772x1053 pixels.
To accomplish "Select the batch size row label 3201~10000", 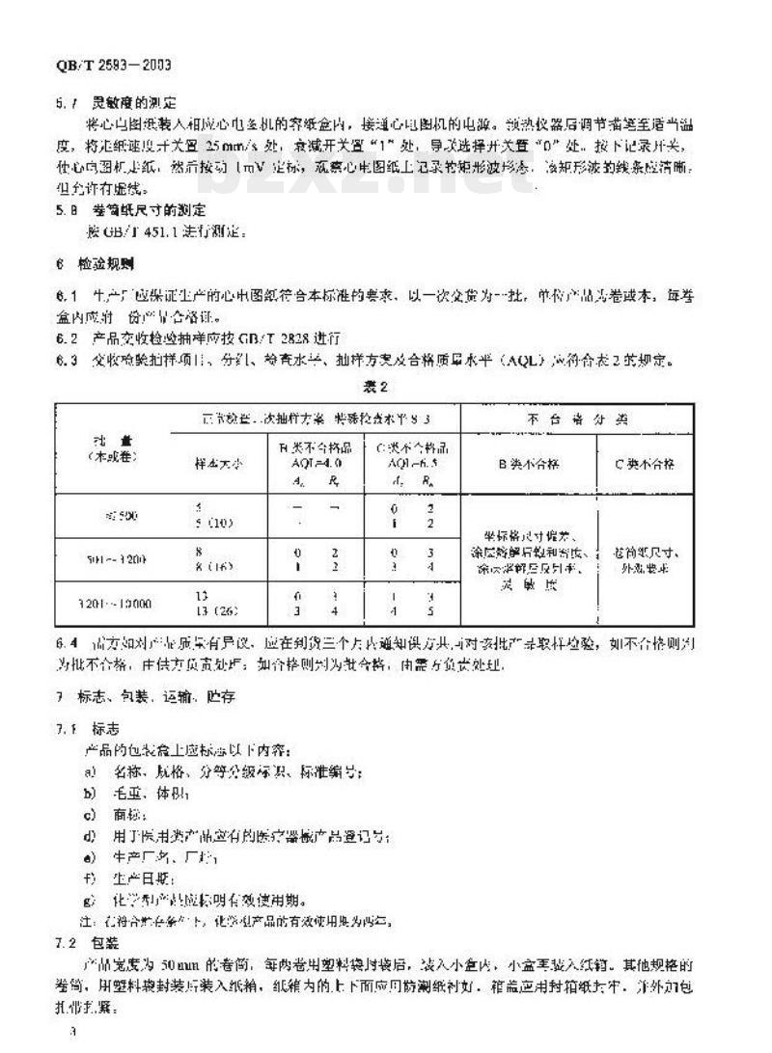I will point(122,606).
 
